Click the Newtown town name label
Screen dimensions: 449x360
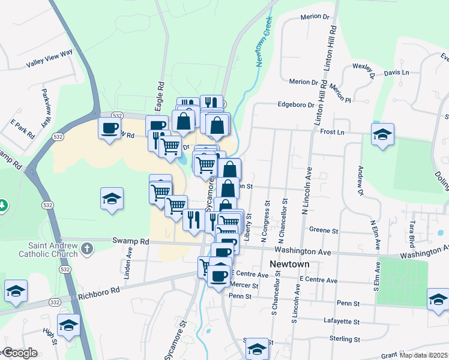pyautogui.click(x=289, y=265)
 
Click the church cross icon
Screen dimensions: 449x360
pyautogui.click(x=87, y=248)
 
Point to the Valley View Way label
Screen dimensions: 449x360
pyautogui.click(x=49, y=59)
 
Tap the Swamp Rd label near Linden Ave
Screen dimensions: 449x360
pyautogui.click(x=131, y=241)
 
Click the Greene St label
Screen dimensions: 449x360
pyautogui.click(x=324, y=230)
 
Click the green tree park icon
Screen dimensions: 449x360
pyautogui.click(x=3, y=205)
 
